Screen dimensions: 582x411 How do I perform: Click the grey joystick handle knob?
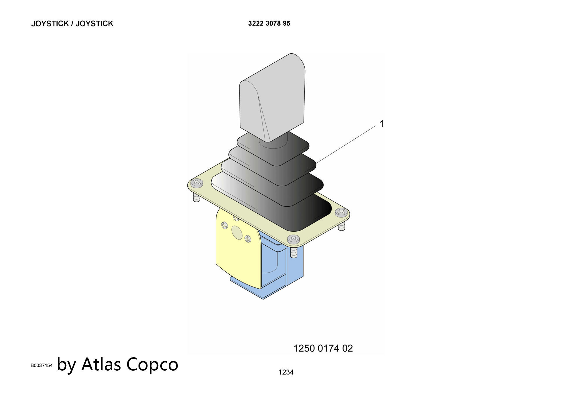[x=272, y=97]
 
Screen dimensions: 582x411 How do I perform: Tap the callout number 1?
[x=382, y=124]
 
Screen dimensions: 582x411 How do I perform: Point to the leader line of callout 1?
[x=346, y=144]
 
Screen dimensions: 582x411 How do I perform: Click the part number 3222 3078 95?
[x=269, y=24]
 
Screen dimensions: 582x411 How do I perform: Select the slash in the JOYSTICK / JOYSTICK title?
[x=72, y=24]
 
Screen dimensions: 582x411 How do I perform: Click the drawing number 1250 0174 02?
[x=323, y=348]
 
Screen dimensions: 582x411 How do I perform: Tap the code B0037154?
[x=42, y=365]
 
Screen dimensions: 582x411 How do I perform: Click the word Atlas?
[x=101, y=364]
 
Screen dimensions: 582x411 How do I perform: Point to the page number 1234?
[x=286, y=372]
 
